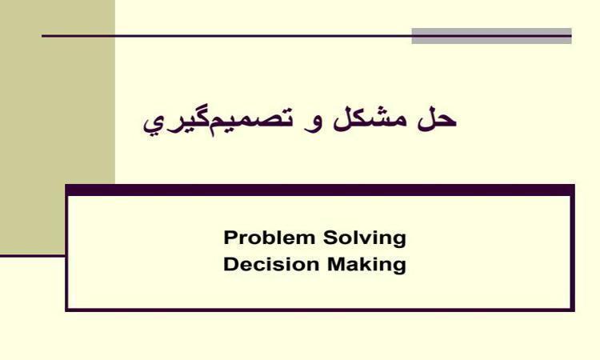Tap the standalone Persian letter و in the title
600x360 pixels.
pyautogui.click(x=312, y=123)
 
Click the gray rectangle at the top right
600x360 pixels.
pyautogui.click(x=491, y=36)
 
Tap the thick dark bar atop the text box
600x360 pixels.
pyautogui.click(x=320, y=190)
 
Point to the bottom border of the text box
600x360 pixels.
pyautogui.click(x=320, y=310)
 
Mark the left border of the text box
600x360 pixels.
pyautogui.click(x=66, y=248)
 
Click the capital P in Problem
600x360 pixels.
pyautogui.click(x=230, y=238)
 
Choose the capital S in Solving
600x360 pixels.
pyautogui.click(x=330, y=238)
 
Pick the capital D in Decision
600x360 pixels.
pyautogui.click(x=230, y=264)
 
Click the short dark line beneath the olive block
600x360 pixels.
pyautogui.click(x=33, y=255)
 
